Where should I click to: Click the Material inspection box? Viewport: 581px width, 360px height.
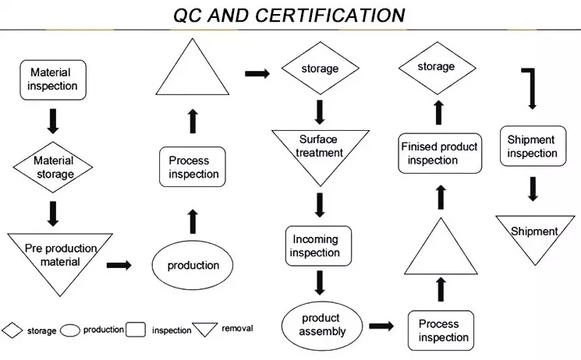[x=53, y=80]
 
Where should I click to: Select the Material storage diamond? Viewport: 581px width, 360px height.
[x=53, y=167]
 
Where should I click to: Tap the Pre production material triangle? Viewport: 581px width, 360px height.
[x=60, y=259]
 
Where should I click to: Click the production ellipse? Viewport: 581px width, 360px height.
[x=193, y=265]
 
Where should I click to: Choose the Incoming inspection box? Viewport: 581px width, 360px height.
[x=318, y=246]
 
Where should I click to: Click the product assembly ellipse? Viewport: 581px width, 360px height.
[x=322, y=326]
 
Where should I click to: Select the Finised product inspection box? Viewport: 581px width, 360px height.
[x=440, y=154]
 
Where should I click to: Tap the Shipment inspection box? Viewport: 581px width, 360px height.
[x=533, y=146]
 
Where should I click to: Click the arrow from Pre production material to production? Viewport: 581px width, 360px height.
[x=119, y=265]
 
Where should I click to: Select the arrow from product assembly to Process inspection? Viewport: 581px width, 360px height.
[x=381, y=326]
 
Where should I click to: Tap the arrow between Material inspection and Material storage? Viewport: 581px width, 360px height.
[x=53, y=121]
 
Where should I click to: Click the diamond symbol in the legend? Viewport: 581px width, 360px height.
[x=12, y=330]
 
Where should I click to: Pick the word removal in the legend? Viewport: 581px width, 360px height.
[x=237, y=328]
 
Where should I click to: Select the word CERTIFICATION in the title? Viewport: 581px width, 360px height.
[x=330, y=16]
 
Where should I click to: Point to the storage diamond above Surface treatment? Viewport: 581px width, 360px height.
[x=321, y=68]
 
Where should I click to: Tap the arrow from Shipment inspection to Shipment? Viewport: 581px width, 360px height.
[x=533, y=189]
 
